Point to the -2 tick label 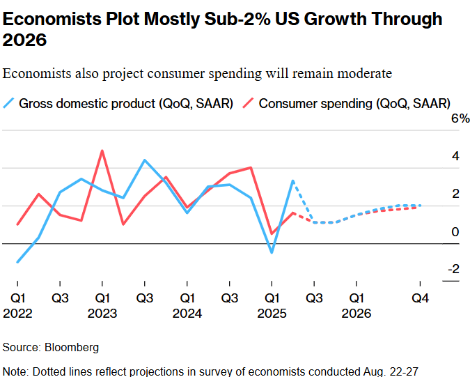453,269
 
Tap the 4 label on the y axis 456,156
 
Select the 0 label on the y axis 456,231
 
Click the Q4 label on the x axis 420,298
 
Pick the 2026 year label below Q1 356,314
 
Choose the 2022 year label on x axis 17,314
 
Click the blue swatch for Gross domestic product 8,104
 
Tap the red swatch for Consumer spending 247,104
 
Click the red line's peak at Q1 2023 102,151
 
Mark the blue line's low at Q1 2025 272,252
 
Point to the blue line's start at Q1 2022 17,262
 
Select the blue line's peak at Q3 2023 144,160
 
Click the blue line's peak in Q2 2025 293,181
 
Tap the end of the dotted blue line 421,205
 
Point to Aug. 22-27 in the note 397,371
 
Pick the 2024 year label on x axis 187,314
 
